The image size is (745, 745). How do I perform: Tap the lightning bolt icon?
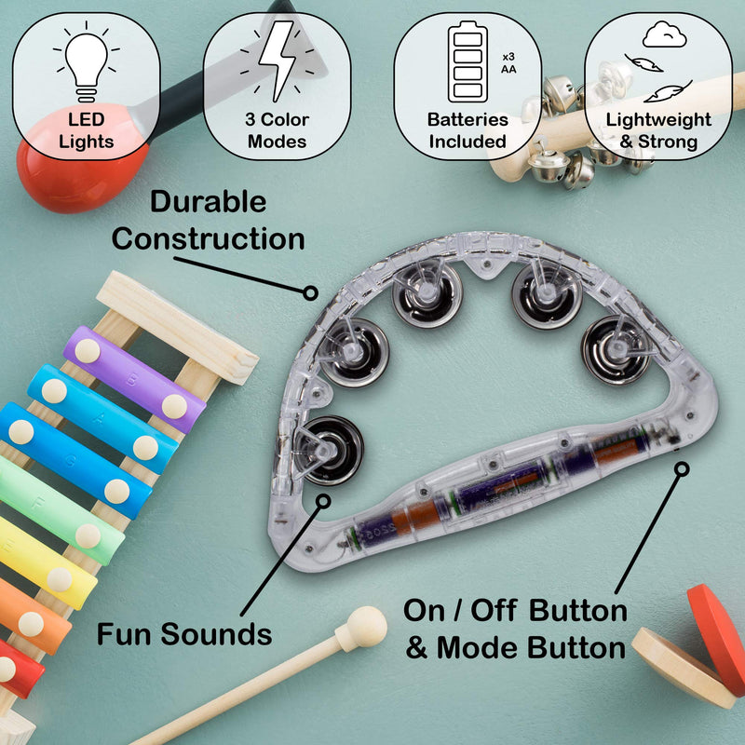[278, 61]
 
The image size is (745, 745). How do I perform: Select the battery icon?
[467, 61]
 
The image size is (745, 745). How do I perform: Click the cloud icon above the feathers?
[664, 34]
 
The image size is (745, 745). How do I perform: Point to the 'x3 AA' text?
[508, 63]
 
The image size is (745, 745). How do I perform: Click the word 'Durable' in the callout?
[208, 201]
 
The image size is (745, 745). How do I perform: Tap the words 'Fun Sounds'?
[184, 634]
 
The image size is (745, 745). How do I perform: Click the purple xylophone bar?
[134, 379]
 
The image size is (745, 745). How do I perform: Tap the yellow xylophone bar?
[45, 563]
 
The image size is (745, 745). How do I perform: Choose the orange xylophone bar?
[31, 616]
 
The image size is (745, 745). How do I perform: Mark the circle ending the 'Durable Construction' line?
[310, 292]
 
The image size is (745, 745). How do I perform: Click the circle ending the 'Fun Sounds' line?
[323, 501]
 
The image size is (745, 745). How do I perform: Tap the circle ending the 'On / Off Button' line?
[682, 469]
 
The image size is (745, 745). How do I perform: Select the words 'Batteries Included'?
[467, 130]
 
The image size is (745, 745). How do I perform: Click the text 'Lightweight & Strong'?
[658, 130]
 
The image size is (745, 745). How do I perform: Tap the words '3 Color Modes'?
[277, 130]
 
